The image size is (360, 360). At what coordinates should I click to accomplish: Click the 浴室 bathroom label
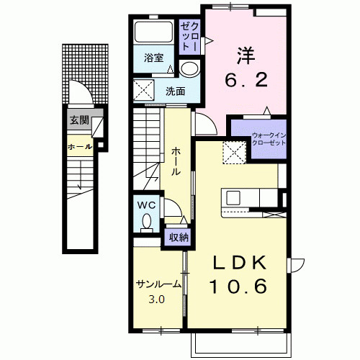pyautogui.click(x=153, y=58)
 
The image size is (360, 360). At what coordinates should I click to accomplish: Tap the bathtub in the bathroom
pyautogui.click(x=154, y=32)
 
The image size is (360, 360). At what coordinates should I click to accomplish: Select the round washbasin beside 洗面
pyautogui.click(x=189, y=68)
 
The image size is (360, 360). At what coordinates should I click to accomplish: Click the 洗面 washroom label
pyautogui.click(x=176, y=91)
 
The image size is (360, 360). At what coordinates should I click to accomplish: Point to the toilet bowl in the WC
pyautogui.click(x=147, y=222)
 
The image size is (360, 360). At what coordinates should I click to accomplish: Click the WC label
pyautogui.click(x=146, y=205)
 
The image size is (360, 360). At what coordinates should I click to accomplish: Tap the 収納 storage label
pyautogui.click(x=179, y=238)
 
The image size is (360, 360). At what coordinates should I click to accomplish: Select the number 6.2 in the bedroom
pyautogui.click(x=246, y=79)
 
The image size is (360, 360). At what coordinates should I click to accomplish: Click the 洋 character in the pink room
pyautogui.click(x=246, y=55)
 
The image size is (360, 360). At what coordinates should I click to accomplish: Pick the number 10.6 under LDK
pyautogui.click(x=238, y=287)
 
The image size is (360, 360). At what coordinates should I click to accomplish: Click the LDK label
pyautogui.click(x=240, y=263)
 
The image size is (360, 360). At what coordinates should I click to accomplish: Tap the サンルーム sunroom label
pyautogui.click(x=158, y=284)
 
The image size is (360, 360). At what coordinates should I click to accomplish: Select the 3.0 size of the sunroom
pyautogui.click(x=156, y=300)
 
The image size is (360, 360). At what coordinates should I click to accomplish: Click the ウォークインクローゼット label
pyautogui.click(x=269, y=139)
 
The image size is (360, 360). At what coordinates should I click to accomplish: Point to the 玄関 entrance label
pyautogui.click(x=79, y=120)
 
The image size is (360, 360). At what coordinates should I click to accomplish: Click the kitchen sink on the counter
pyautogui.click(x=233, y=198)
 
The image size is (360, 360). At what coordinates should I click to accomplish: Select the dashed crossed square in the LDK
pyautogui.click(x=234, y=153)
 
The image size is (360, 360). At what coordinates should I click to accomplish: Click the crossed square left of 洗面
pyautogui.click(x=143, y=89)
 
